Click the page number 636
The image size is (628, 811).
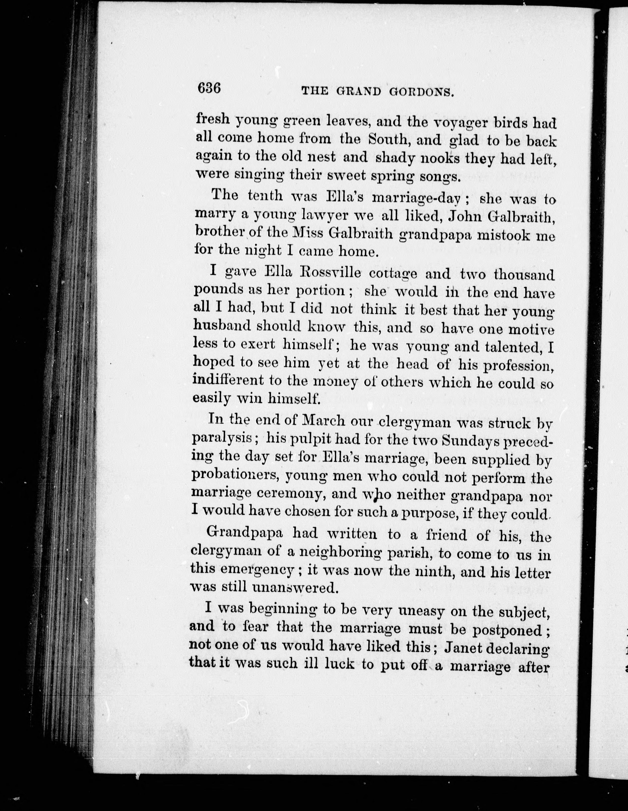(210, 89)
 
